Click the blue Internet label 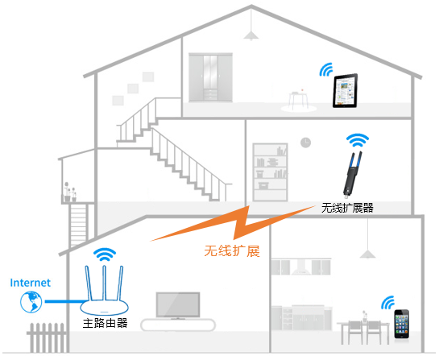31,283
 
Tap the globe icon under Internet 31,302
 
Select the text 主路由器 105,323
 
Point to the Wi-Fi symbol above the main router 105,255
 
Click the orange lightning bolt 233,223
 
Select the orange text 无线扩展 232,250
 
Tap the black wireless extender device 352,174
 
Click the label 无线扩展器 347,208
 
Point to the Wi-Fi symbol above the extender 358,141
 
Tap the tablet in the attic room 345,91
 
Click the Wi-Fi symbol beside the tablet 326,70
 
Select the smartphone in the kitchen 402,325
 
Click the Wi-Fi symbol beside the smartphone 387,303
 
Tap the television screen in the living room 178,305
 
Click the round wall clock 306,143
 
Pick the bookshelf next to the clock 270,172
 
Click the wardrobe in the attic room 210,77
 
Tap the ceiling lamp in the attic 251,35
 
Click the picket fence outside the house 47,337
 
